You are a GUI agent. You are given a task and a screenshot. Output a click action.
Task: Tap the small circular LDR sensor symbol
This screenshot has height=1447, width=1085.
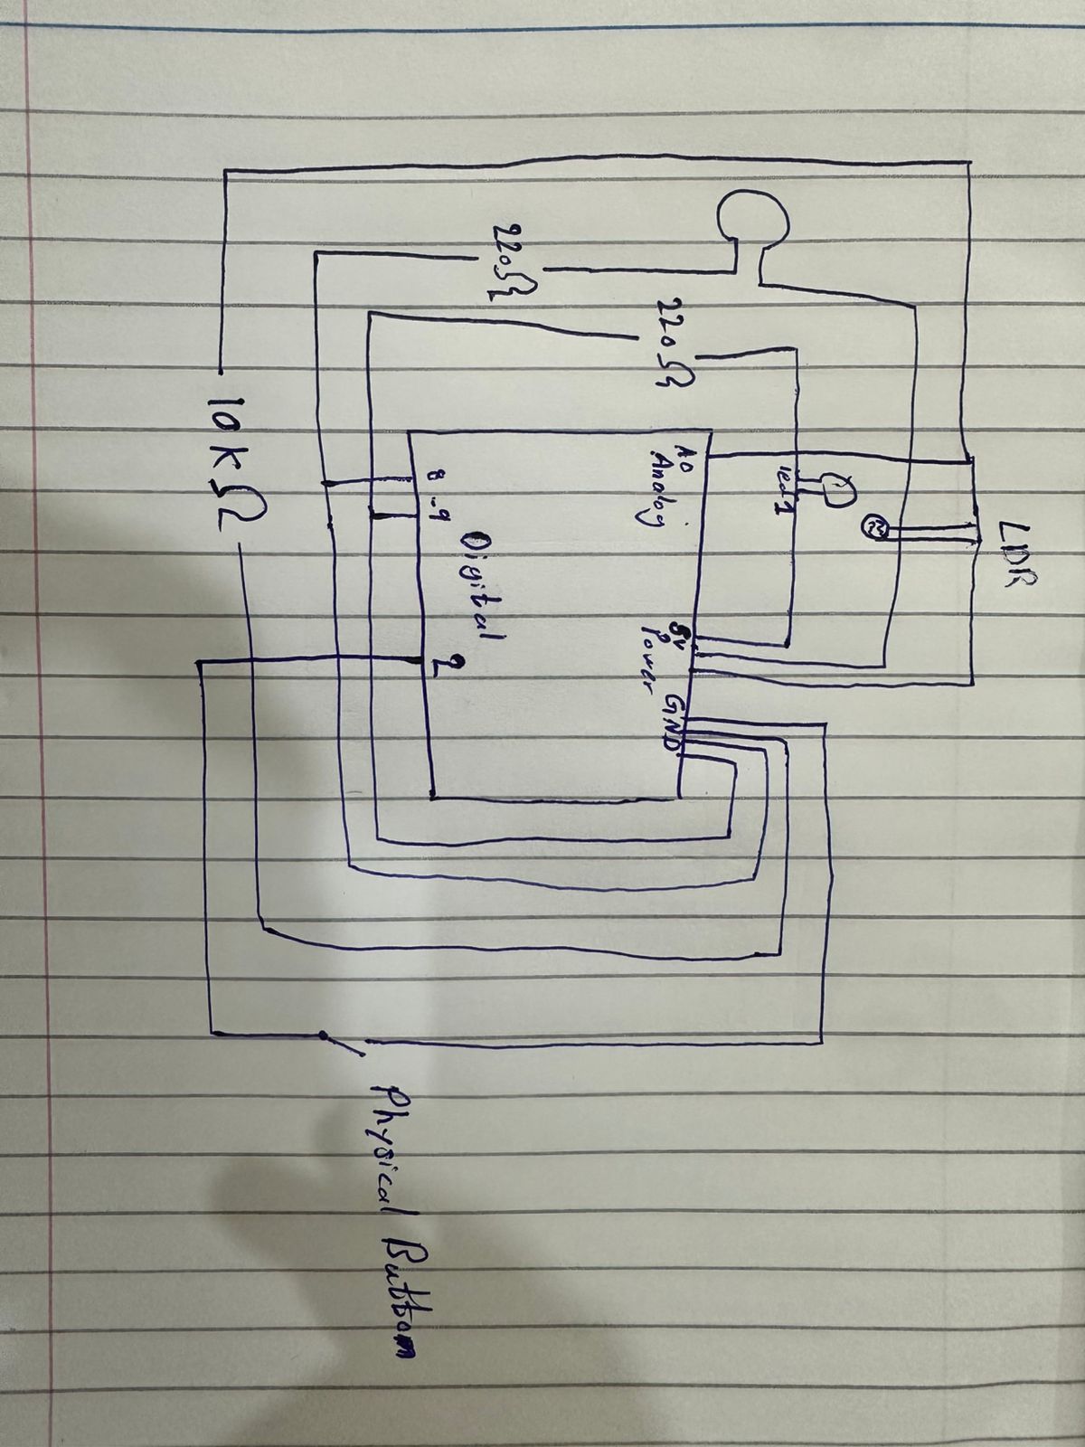click(x=875, y=526)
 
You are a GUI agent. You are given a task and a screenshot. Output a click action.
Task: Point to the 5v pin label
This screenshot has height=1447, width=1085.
click(x=676, y=628)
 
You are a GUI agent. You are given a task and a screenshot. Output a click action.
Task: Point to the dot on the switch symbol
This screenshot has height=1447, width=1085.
click(x=323, y=1035)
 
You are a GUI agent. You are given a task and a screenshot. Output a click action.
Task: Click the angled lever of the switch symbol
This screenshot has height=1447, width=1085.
click(x=345, y=1046)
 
